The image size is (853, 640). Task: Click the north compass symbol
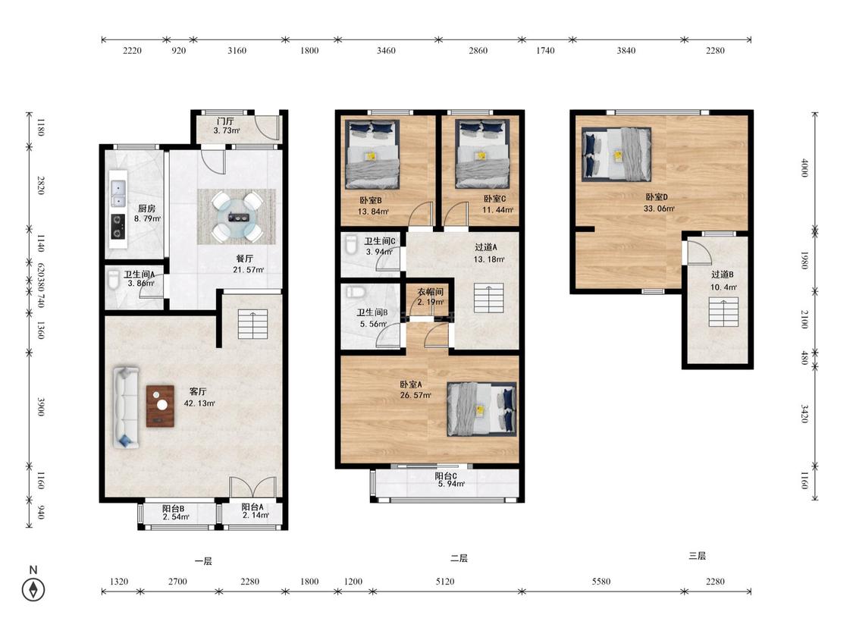[x=33, y=589]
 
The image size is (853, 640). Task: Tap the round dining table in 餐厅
[x=237, y=217]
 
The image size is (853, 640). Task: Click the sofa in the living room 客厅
[x=126, y=407]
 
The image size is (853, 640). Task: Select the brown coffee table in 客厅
[x=161, y=406]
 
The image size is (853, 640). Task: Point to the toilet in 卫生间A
[x=114, y=280]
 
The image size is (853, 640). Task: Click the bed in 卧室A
[x=481, y=409]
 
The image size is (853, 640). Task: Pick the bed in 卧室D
[x=616, y=154]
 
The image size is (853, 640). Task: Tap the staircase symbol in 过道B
[x=723, y=312]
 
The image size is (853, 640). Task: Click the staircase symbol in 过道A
[x=488, y=298]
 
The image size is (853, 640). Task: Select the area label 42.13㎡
[x=199, y=403]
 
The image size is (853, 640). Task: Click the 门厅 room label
[x=225, y=121]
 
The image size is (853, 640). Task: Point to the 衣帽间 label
[x=431, y=292]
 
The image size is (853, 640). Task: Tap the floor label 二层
[x=459, y=558]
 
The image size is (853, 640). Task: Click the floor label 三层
[x=697, y=556]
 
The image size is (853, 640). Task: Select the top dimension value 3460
[x=386, y=51]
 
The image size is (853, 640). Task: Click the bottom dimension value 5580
[x=601, y=581]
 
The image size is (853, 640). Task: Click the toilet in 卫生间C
[x=351, y=245]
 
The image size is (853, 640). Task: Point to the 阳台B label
[x=173, y=509]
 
